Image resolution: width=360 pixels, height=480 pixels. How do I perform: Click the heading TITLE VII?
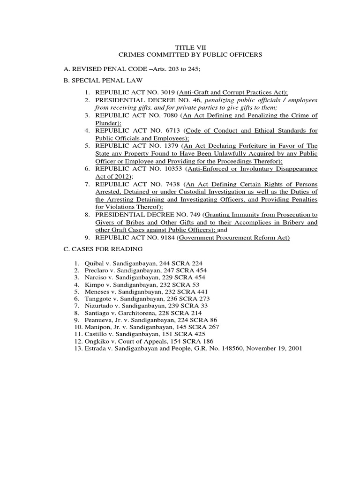(190, 47)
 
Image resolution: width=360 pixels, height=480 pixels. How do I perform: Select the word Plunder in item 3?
(105, 122)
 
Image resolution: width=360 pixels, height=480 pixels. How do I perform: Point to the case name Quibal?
(94, 263)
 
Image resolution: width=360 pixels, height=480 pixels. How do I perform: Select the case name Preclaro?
(97, 270)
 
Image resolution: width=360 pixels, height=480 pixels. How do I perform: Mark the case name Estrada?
(95, 348)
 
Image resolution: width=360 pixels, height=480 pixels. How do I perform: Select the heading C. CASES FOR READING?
(103, 249)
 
